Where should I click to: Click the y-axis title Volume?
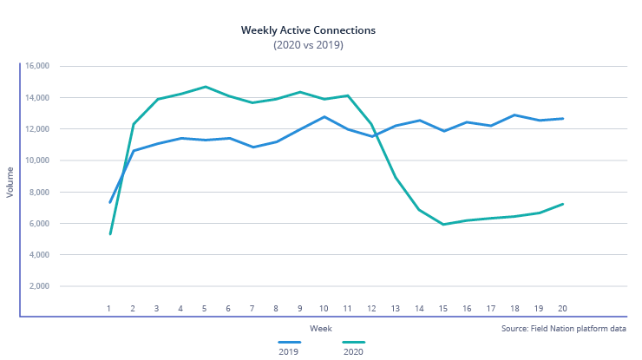click(10, 183)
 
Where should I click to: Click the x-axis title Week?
click(320, 328)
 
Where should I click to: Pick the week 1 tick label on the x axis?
click(109, 309)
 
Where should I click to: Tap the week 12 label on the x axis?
click(370, 309)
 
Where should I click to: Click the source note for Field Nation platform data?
click(563, 329)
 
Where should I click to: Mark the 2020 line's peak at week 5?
click(205, 87)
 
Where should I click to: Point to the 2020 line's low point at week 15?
click(442, 225)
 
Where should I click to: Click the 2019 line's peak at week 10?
click(324, 116)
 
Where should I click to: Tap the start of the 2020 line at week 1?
click(110, 233)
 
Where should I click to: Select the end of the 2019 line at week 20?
click(561, 119)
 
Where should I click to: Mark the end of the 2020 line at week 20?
click(561, 204)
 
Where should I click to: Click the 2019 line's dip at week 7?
click(252, 147)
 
